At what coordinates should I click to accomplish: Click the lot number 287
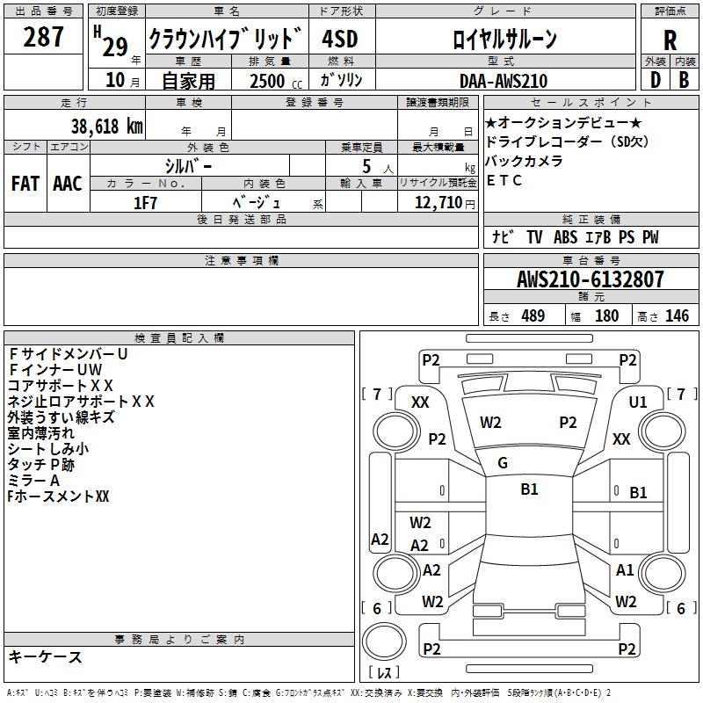point(44,37)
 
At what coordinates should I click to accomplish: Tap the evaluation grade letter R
point(670,40)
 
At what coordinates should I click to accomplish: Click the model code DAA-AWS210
point(504,81)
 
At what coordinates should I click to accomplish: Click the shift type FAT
point(25,184)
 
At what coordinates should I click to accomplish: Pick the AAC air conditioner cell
point(68,184)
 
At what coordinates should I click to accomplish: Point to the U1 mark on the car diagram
point(638,402)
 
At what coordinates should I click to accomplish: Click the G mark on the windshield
point(503,463)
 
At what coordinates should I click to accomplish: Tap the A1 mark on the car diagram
point(625,570)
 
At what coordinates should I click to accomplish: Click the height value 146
point(677,316)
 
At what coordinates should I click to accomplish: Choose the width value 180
point(606,316)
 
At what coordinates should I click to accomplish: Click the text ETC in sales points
point(504,181)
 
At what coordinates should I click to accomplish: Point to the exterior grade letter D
point(655,80)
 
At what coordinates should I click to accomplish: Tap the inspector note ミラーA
point(33,481)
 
